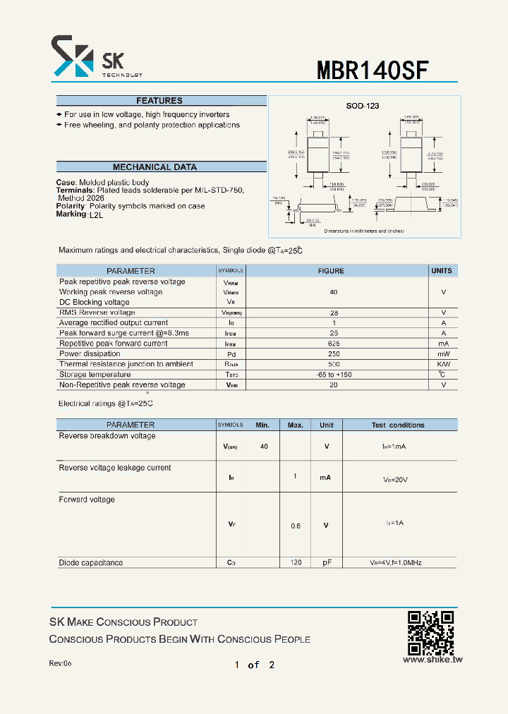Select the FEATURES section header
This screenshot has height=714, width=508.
click(159, 101)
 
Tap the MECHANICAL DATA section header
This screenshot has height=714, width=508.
click(155, 167)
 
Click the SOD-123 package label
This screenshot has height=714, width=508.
click(363, 106)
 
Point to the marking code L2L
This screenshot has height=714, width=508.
click(96, 215)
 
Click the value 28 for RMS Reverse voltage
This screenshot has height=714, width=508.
click(334, 313)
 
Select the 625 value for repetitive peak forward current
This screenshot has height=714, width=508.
click(334, 344)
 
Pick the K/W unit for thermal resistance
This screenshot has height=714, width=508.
click(443, 364)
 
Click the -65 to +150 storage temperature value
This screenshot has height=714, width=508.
click(334, 375)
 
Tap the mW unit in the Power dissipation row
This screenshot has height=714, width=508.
click(443, 354)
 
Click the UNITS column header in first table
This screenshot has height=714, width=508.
click(442, 271)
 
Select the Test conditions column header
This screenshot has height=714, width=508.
click(398, 425)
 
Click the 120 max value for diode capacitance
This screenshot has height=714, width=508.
click(296, 562)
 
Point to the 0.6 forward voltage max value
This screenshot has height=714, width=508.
click(296, 526)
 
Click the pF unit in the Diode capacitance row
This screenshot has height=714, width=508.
click(327, 562)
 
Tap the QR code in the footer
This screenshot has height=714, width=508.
click(431, 632)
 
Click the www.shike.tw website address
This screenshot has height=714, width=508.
click(433, 660)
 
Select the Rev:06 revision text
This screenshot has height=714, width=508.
click(60, 664)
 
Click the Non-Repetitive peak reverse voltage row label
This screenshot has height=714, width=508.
click(122, 385)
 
